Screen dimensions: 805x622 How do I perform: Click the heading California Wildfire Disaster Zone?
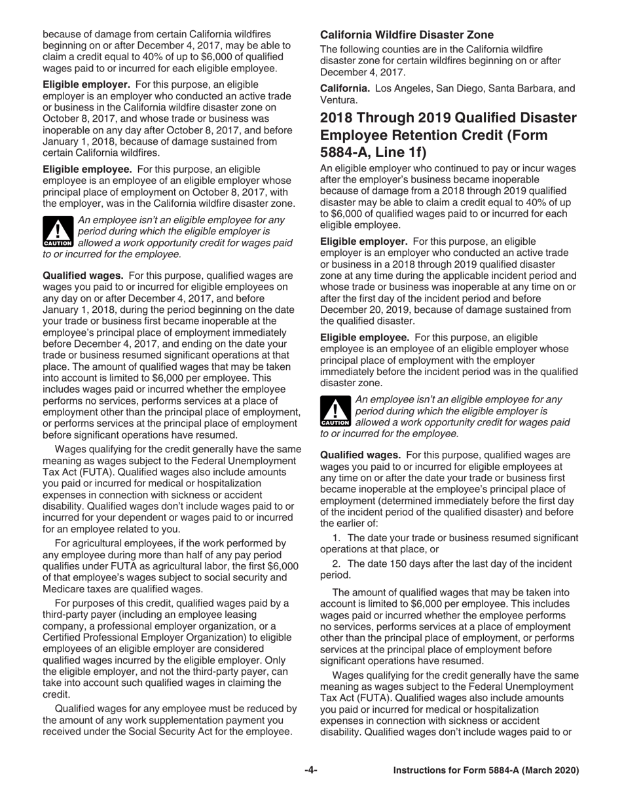click(407, 35)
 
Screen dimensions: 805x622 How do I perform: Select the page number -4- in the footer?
click(311, 770)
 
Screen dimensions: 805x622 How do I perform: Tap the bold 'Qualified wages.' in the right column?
click(360, 455)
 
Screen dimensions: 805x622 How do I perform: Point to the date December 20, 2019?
click(365, 309)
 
